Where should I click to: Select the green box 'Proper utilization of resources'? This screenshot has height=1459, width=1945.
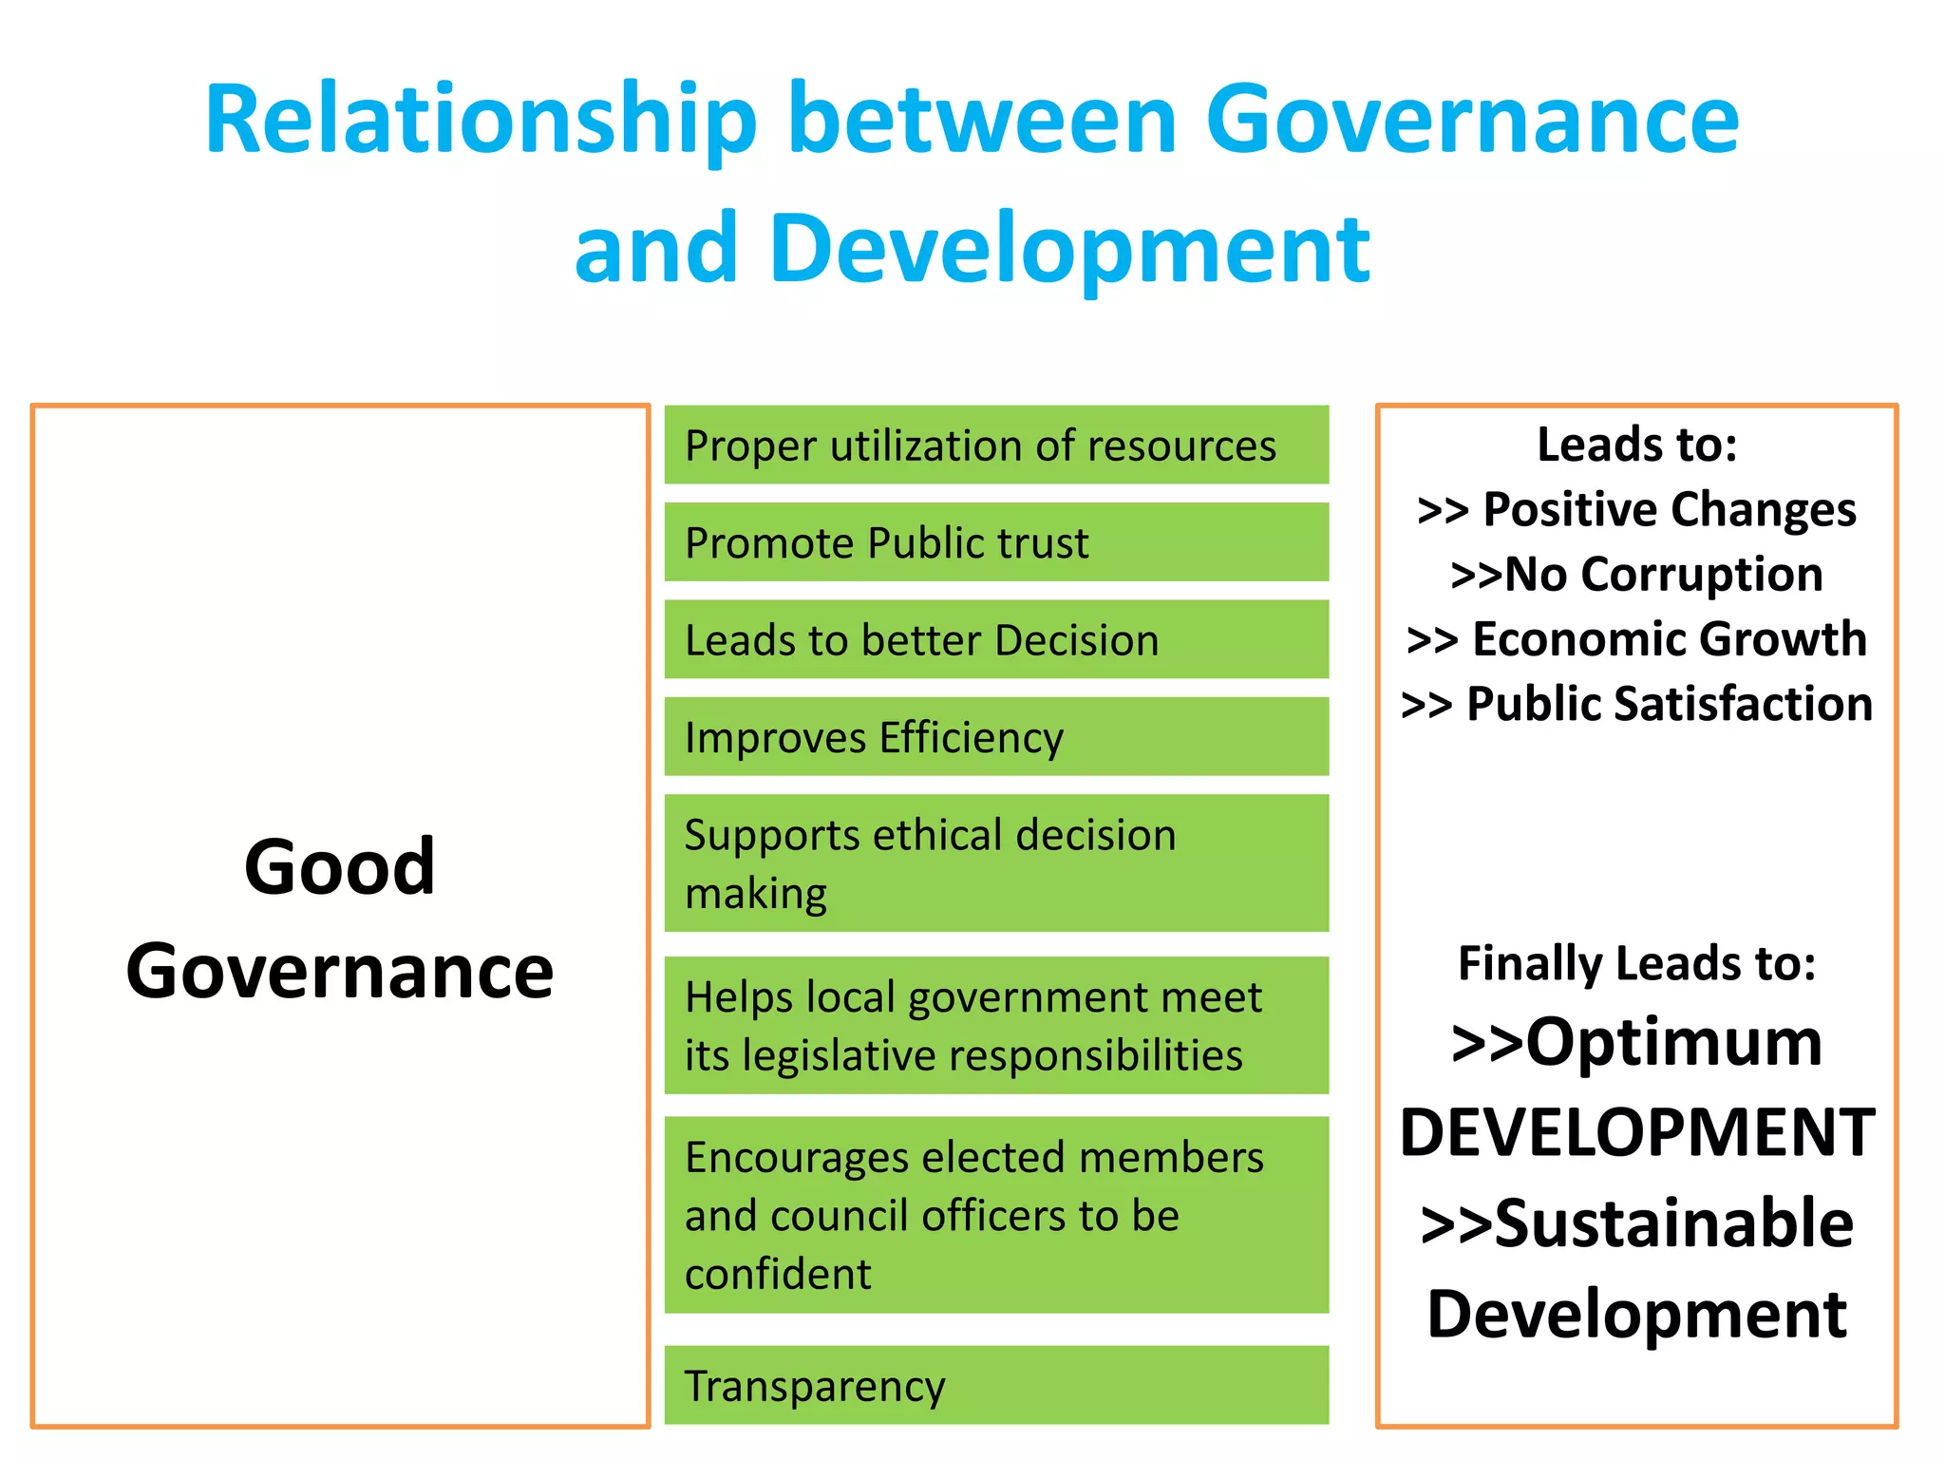[996, 445]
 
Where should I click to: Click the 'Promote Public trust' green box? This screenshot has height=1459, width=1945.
[996, 542]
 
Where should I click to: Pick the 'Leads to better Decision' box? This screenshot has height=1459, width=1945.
[996, 639]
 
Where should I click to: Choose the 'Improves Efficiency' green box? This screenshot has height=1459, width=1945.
[996, 737]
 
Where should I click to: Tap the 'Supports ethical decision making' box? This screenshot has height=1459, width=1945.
[996, 863]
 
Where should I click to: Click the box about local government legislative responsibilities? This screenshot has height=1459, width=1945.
[996, 1026]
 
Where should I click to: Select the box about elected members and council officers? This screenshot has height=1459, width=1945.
[996, 1215]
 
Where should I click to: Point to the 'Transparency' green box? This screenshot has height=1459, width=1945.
[996, 1385]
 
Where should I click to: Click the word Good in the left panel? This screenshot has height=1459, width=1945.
[340, 866]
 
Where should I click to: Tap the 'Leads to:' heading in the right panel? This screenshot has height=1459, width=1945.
[1637, 445]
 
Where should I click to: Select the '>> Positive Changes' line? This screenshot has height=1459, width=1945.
[1636, 509]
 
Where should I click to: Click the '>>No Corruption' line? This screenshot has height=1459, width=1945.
[1636, 575]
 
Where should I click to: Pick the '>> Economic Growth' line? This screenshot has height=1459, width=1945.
[1636, 639]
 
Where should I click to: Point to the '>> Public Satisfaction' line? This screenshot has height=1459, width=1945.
[1636, 704]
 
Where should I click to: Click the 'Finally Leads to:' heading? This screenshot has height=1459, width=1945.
[1637, 963]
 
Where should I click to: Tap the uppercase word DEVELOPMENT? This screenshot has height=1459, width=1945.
[1637, 1132]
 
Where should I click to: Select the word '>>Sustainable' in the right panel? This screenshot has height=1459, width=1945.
[1637, 1223]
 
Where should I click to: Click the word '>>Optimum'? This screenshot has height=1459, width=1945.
[1637, 1042]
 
